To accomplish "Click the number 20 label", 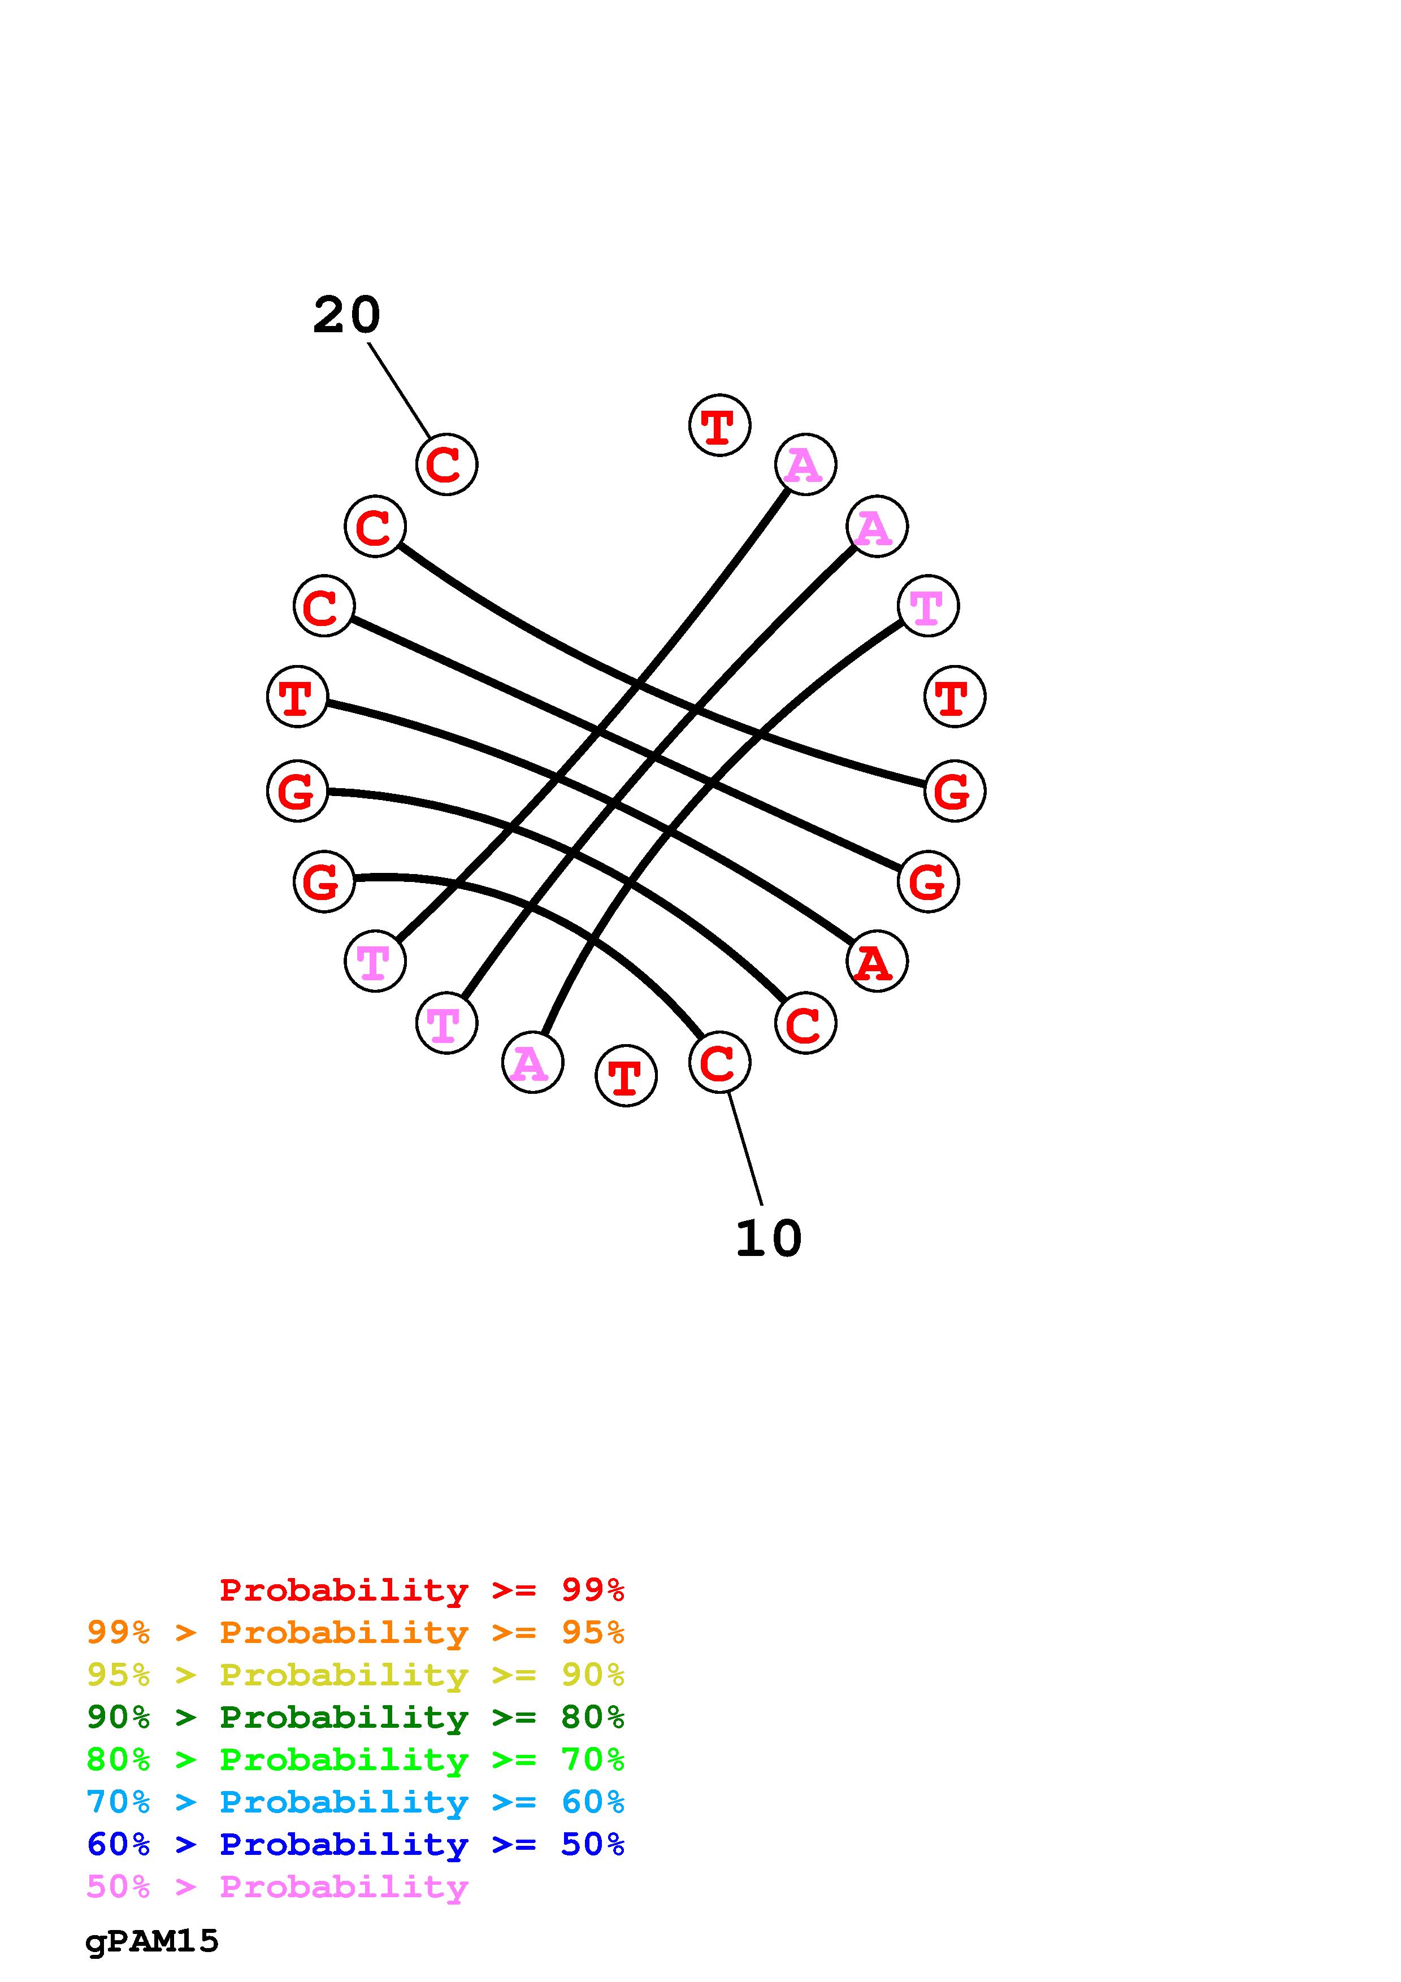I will tap(346, 315).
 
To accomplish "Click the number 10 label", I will tap(768, 1238).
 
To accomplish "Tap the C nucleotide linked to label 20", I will tap(446, 464).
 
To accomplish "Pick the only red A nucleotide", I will tap(876, 961).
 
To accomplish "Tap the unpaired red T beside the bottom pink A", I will tap(626, 1076).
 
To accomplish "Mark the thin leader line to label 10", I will tap(745, 1148).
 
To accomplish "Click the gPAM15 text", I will tap(152, 1941).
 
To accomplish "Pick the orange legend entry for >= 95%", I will tap(355, 1632).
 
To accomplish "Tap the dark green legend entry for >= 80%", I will tap(355, 1717).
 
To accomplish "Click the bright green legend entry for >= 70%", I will tap(355, 1759).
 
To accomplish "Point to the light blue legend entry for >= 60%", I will tap(355, 1802).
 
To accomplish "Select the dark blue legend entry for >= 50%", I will tap(355, 1844).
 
